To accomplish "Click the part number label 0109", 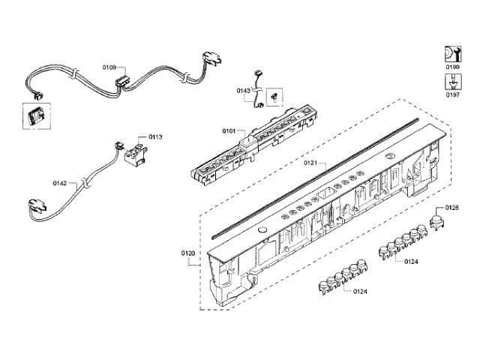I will tap(110, 67).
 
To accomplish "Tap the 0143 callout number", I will tap(243, 91).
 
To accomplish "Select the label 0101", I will tap(229, 131).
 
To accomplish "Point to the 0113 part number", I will tap(155, 137).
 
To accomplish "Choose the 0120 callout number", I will tap(188, 253).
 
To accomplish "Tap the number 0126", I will tap(452, 207).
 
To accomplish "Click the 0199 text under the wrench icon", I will tap(452, 68).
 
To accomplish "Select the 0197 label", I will tap(452, 95).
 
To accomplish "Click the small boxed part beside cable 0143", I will tap(274, 95).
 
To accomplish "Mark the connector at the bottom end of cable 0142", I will tap(34, 206).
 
